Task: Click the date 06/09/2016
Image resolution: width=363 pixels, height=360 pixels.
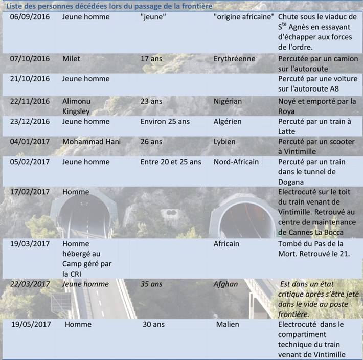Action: click(30, 16)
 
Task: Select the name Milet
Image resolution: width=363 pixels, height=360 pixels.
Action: click(71, 59)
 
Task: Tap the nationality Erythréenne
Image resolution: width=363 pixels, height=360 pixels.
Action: click(234, 59)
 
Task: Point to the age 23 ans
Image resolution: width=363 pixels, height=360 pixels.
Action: click(151, 101)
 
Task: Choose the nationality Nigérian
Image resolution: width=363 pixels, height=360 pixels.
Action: click(228, 101)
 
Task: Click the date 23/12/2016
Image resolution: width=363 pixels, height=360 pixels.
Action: click(30, 122)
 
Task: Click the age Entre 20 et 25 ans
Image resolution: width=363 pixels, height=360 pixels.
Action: click(171, 162)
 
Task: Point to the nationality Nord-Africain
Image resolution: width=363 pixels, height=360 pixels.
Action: click(236, 162)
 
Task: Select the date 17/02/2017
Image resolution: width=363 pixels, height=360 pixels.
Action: click(30, 192)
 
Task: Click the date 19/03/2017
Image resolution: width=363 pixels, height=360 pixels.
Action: click(30, 244)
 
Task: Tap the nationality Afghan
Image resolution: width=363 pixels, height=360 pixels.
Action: click(225, 284)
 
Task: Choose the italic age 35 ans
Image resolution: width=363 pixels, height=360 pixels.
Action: click(152, 284)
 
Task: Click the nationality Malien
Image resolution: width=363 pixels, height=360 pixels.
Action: click(228, 324)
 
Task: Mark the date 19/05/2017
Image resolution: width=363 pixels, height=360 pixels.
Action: click(30, 324)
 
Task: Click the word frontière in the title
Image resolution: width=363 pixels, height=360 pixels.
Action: click(196, 6)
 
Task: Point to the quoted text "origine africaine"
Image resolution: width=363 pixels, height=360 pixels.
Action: click(244, 16)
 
